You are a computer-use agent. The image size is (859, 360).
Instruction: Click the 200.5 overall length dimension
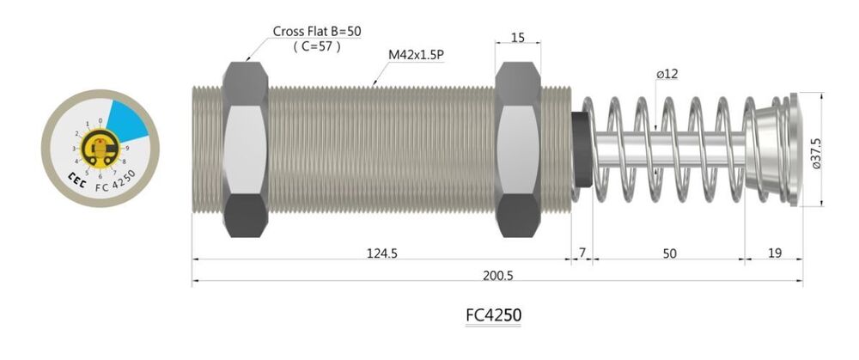pyautogui.click(x=498, y=275)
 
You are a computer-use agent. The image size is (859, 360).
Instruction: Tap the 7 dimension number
pyautogui.click(x=582, y=253)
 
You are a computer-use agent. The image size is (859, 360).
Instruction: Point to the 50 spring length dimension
pyautogui.click(x=670, y=253)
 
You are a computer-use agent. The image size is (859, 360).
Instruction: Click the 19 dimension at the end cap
pyautogui.click(x=775, y=253)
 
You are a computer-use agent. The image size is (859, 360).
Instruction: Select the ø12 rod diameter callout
pyautogui.click(x=667, y=75)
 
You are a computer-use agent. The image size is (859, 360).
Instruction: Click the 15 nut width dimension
pyautogui.click(x=517, y=37)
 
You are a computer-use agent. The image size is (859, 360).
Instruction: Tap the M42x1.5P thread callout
pyautogui.click(x=415, y=54)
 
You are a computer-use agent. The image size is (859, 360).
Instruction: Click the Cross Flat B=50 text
pyautogui.click(x=317, y=30)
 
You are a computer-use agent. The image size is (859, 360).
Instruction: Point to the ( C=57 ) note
pyautogui.click(x=317, y=46)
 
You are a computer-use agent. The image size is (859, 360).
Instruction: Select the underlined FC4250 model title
pyautogui.click(x=493, y=314)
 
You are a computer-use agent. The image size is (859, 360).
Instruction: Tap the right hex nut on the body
pyautogui.click(x=518, y=149)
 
